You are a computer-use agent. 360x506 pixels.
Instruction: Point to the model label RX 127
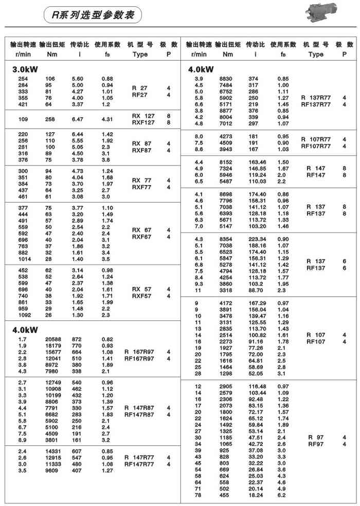point(143,116)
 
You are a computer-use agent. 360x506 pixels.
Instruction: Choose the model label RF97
point(315,443)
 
